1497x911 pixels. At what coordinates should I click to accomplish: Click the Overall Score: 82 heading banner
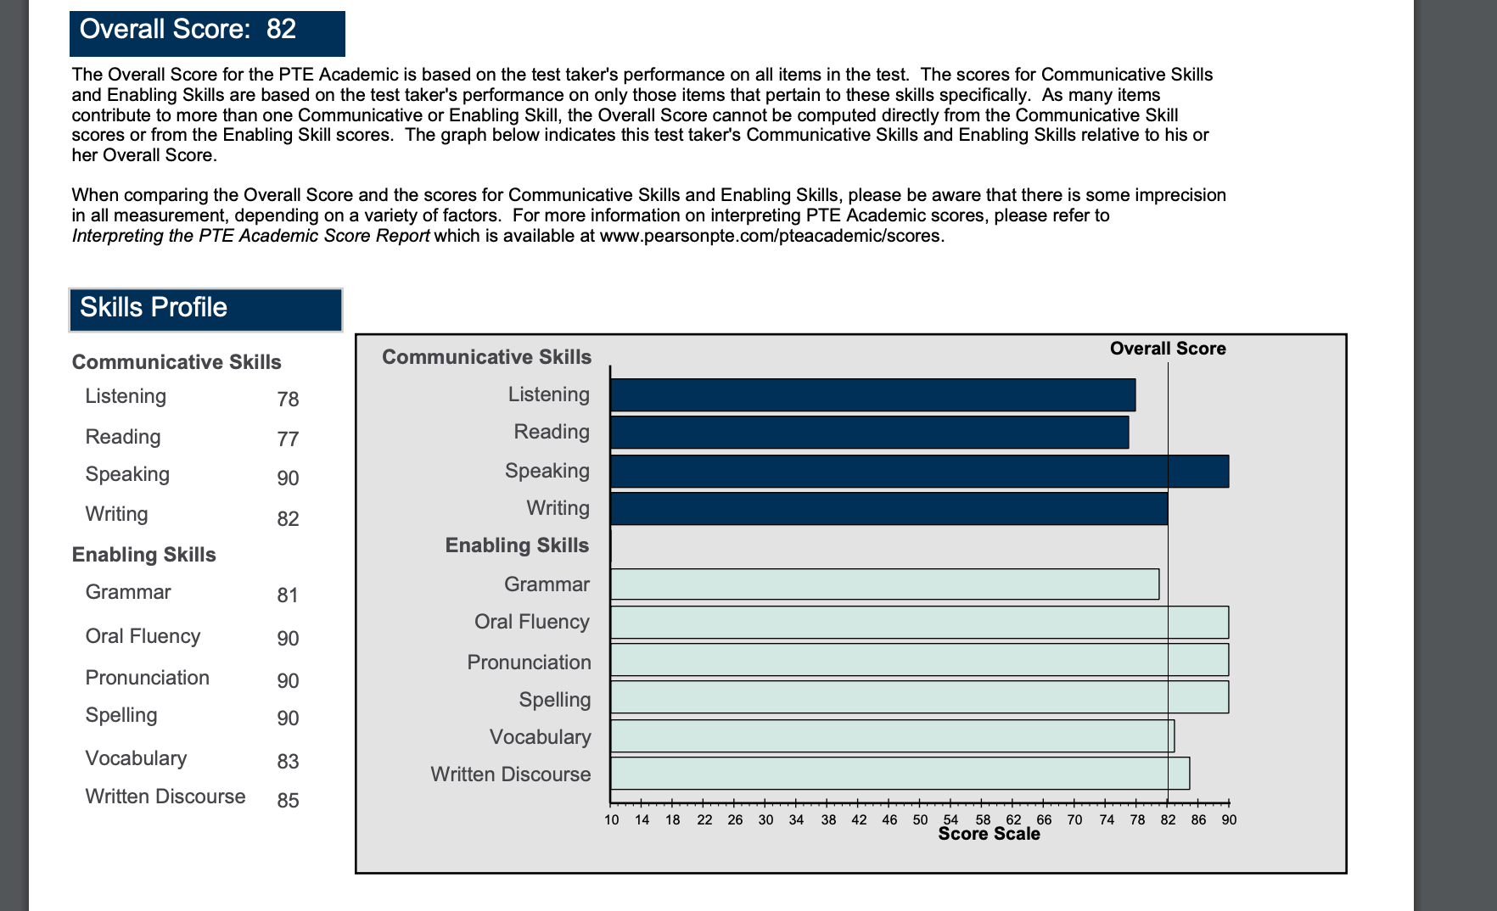(206, 32)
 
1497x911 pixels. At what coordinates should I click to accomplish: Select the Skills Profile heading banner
(205, 309)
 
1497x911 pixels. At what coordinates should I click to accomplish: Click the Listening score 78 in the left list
(288, 400)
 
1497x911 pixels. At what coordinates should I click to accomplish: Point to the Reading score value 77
(288, 439)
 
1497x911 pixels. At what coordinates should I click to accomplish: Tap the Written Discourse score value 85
(288, 801)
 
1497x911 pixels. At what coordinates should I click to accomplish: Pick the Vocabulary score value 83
(288, 762)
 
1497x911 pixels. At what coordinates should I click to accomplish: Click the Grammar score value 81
(288, 595)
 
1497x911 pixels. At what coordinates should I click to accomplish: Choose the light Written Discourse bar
(900, 774)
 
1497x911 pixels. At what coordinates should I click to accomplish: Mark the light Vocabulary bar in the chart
(892, 736)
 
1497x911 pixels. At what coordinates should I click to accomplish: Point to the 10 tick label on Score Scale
(612, 820)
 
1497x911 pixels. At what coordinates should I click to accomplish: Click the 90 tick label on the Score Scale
(1229, 820)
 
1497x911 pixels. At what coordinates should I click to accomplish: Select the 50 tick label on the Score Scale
(920, 820)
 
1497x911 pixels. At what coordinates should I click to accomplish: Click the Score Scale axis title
(989, 835)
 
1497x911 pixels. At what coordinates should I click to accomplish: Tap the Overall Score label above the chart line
(1168, 349)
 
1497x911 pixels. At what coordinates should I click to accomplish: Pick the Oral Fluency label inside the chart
(531, 623)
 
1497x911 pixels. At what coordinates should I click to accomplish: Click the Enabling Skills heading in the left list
(144, 555)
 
